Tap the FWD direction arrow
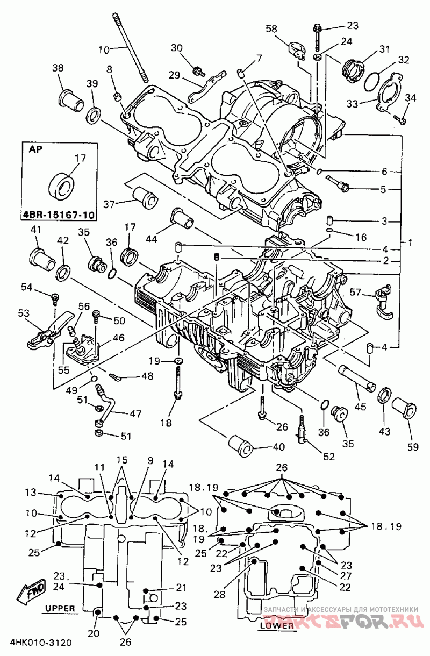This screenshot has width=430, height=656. (32, 591)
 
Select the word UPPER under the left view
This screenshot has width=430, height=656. (60, 608)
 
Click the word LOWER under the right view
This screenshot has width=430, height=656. (277, 625)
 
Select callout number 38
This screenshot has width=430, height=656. (58, 68)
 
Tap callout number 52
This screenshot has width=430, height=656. (328, 457)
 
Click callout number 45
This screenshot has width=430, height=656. (360, 407)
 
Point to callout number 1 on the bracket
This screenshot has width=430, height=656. (410, 243)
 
